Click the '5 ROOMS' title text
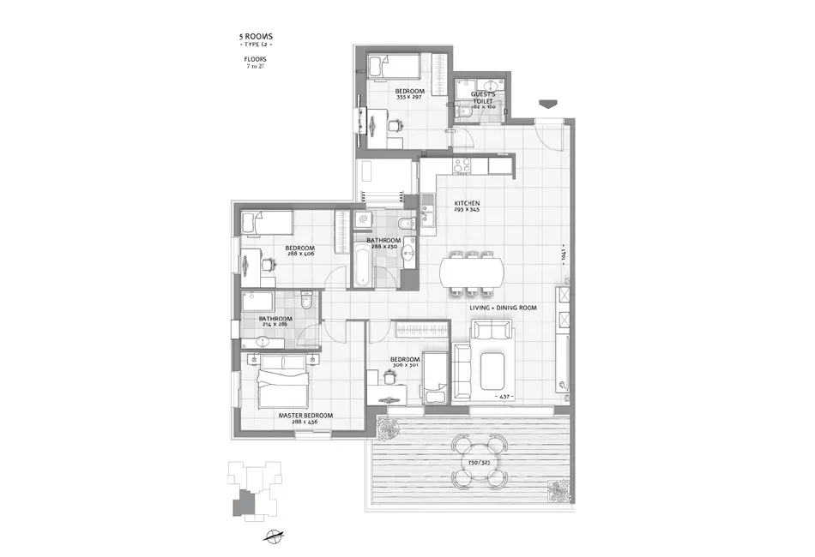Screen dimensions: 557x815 click(x=255, y=37)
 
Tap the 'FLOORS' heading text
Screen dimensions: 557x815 click(x=255, y=59)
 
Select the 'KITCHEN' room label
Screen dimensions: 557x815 click(x=467, y=203)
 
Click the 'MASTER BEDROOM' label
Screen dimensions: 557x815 click(x=306, y=415)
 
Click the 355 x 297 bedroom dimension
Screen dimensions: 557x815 click(x=408, y=98)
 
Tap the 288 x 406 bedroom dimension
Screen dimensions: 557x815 click(x=300, y=256)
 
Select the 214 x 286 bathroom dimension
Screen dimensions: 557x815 click(x=275, y=326)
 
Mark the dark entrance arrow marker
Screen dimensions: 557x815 click(x=546, y=105)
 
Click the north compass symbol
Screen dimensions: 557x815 click(x=275, y=537)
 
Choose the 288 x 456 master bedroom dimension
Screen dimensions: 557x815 click(x=306, y=422)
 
